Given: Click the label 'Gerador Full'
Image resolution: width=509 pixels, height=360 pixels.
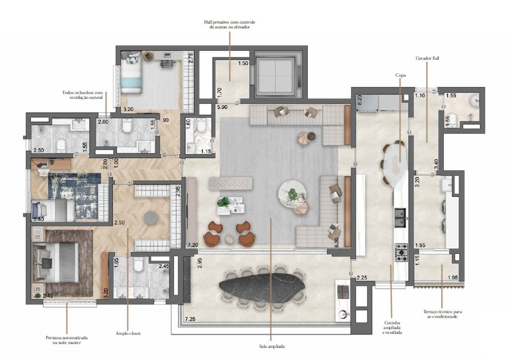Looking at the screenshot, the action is tap(427, 58).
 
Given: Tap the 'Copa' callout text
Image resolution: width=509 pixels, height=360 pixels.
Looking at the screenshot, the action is tap(400, 75).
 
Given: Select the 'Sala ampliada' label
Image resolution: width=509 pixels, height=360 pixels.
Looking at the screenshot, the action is tap(272, 346).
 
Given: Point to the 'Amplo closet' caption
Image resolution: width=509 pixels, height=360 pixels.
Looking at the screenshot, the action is tap(128, 333).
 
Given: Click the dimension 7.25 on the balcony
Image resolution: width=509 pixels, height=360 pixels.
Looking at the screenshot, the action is tap(190, 319).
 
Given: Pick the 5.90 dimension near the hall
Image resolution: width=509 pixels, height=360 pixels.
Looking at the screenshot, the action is tap(222, 107).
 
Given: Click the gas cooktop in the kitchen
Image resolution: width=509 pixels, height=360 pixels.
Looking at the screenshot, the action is tap(401, 252).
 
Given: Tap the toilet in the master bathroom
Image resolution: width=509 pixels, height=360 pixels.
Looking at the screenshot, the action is tap(139, 263).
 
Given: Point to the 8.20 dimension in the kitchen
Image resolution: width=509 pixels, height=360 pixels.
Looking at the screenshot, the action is tap(359, 99).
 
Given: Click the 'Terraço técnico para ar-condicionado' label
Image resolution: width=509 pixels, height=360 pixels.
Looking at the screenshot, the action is tap(442, 314).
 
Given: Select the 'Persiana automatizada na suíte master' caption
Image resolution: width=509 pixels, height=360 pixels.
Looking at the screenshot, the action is tap(67, 340).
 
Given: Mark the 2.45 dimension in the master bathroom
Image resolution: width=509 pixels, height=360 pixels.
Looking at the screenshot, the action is tap(164, 266).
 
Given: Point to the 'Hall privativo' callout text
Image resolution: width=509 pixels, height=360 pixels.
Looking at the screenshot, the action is tap(229, 25).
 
